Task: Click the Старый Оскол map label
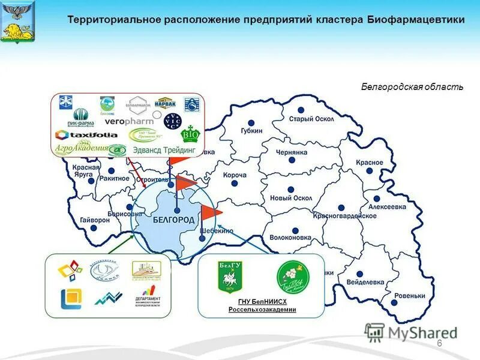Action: pos(312,119)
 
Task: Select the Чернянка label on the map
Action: pos(292,152)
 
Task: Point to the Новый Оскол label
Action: pos(291,198)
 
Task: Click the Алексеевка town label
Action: pos(386,206)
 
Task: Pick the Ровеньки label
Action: pos(410,296)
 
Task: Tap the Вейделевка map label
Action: pos(364,282)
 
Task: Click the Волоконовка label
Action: pos(291,238)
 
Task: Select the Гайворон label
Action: pos(95,220)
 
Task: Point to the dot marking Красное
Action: pos(370,171)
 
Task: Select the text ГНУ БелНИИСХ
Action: pos(262,302)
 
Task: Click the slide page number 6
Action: pos(439,343)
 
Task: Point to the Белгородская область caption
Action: pos(412,87)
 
